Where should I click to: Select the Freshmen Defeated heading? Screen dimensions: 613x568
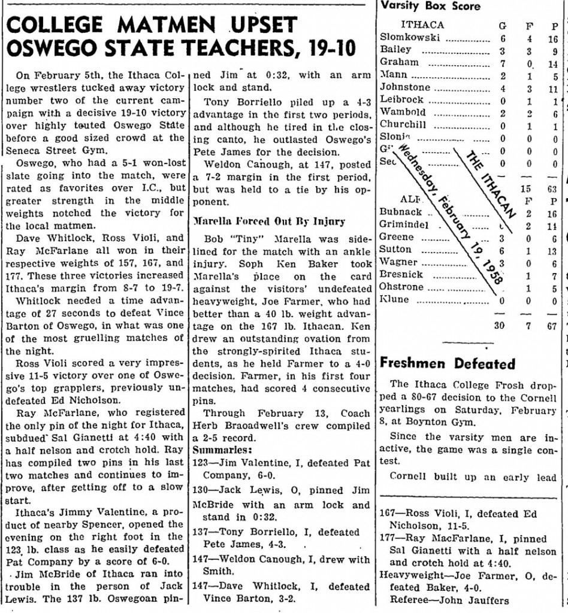[448, 363]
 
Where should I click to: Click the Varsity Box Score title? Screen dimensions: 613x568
[430, 7]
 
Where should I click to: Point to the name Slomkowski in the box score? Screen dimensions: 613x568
[410, 37]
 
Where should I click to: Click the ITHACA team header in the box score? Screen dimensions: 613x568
[422, 25]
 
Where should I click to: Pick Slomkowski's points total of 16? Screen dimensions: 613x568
[554, 38]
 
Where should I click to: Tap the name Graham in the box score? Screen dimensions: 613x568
[400, 62]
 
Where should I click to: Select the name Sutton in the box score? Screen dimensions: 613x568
[396, 250]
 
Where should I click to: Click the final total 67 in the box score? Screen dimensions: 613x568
[552, 325]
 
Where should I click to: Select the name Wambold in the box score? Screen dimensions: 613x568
[403, 113]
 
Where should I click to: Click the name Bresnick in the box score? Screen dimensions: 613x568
[401, 275]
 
